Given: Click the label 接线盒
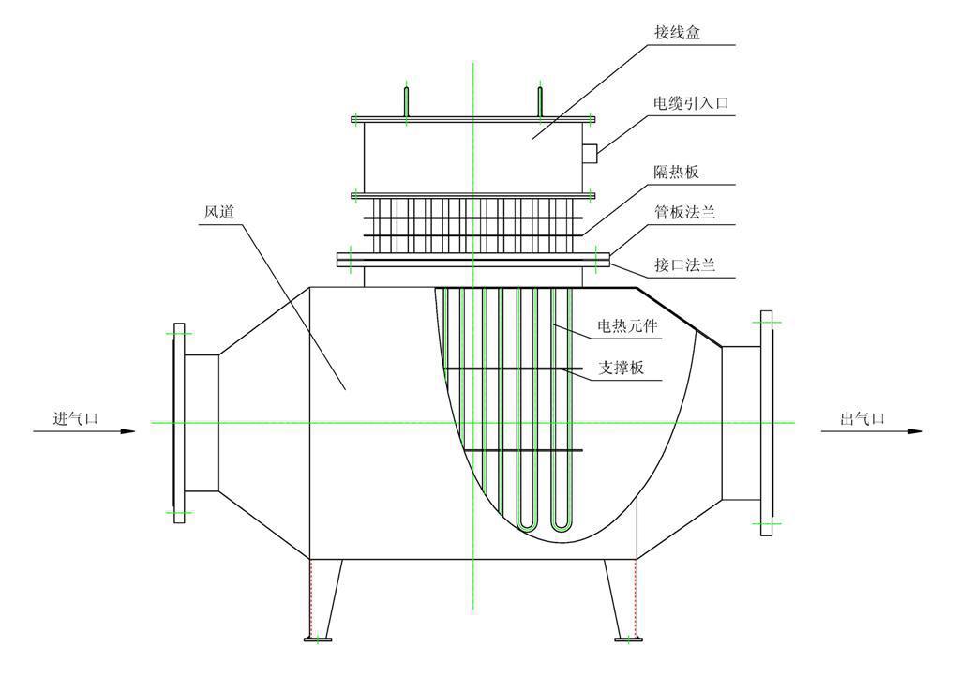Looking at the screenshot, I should (x=676, y=32).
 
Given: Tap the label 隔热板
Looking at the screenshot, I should (x=676, y=173).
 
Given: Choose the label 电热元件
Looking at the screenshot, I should (x=628, y=327).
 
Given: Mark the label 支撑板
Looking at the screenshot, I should (x=621, y=369).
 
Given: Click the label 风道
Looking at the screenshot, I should (x=219, y=211).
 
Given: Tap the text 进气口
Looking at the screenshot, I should (x=76, y=418).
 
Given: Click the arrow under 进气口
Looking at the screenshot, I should (x=84, y=431).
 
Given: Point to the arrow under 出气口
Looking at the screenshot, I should (x=872, y=431).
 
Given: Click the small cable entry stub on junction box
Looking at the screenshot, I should (x=589, y=152).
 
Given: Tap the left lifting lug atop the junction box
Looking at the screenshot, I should (x=407, y=102).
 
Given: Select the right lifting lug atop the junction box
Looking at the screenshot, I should (x=540, y=102).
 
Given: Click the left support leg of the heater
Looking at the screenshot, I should (x=322, y=600).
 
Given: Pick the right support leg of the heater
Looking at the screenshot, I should (x=623, y=600).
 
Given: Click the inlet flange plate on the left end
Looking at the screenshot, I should (x=179, y=422).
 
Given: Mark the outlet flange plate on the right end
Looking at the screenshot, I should (x=767, y=423).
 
